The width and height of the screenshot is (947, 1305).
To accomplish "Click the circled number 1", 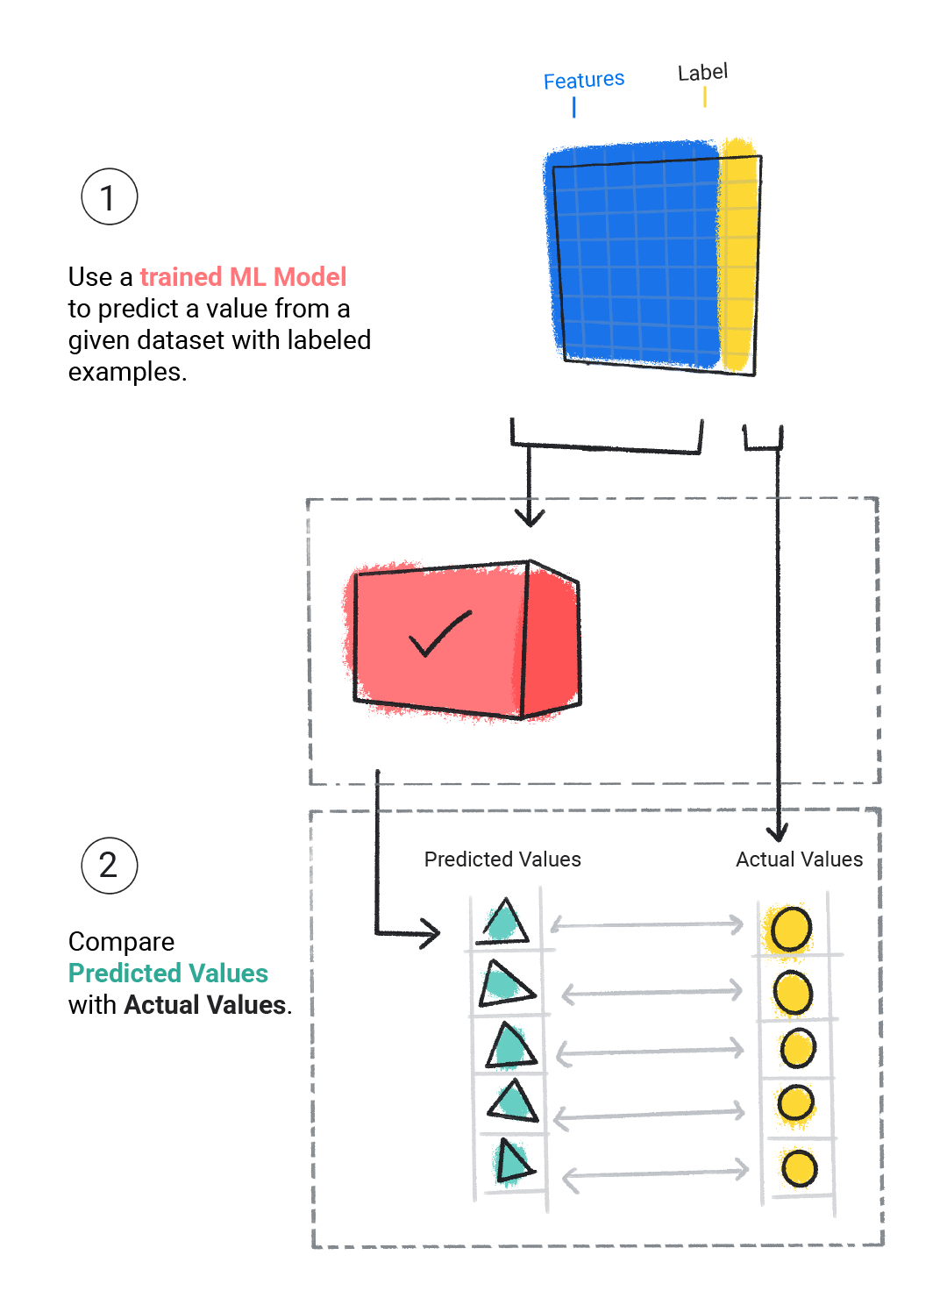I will [x=110, y=197].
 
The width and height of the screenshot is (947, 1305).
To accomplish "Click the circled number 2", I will [x=110, y=866].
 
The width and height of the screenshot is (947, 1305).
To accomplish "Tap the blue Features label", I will [x=583, y=81].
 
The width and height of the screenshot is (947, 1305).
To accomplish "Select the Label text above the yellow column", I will [x=702, y=72].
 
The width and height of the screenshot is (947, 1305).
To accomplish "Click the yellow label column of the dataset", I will [x=737, y=254].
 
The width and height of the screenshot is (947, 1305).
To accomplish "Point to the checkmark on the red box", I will [x=439, y=633].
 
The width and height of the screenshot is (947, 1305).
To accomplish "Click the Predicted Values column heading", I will [x=502, y=859].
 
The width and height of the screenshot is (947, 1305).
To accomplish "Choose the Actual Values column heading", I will [x=799, y=859].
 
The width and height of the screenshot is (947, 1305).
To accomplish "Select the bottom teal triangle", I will [x=511, y=1162].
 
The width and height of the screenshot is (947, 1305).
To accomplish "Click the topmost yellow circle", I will [x=791, y=929].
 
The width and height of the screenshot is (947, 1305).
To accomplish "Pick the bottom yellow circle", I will [x=799, y=1168].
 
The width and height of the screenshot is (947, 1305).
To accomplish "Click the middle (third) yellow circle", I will [x=798, y=1048].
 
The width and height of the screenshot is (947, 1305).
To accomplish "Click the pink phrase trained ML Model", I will [x=243, y=277].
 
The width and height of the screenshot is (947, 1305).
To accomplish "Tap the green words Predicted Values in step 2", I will [x=168, y=973].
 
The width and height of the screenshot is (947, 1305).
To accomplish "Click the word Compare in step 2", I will [x=121, y=942].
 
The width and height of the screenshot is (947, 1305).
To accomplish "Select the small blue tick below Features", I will [x=574, y=107].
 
